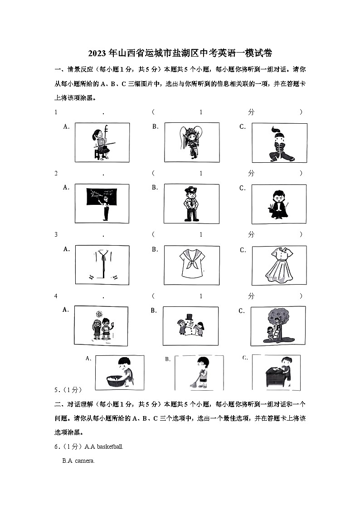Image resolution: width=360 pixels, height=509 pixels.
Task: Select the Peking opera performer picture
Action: coord(192,141)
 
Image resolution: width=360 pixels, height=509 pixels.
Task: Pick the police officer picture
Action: coord(192,203)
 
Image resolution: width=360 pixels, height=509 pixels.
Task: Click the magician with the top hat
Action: coord(279,204)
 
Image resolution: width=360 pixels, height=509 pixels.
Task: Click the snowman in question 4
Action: coord(190,325)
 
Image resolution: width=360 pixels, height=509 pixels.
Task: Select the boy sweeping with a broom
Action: coord(200,373)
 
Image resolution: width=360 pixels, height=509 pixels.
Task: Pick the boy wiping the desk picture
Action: coord(277,373)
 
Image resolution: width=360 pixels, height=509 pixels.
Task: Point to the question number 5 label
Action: coord(56,389)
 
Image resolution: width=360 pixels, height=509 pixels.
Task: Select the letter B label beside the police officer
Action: coord(155,187)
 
